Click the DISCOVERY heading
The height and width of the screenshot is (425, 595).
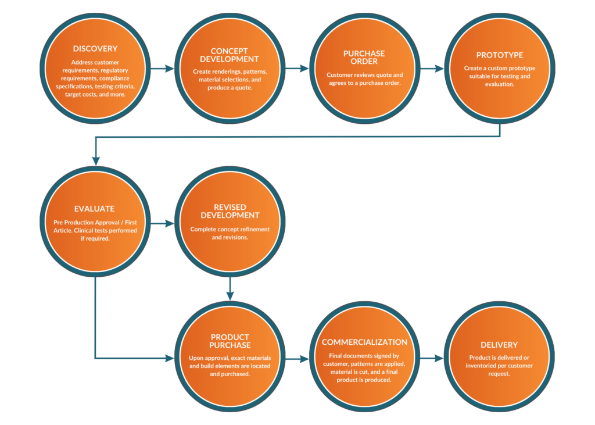[x=95, y=49]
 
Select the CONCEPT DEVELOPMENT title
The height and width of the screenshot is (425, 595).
[x=230, y=55]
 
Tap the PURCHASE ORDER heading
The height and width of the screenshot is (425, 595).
[x=364, y=58]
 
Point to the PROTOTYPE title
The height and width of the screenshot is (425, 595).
[x=499, y=55]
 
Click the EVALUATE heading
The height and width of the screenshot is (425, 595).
[x=95, y=209]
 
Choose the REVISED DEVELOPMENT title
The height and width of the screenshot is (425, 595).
[x=230, y=211]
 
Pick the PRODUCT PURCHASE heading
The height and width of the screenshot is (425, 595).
[x=230, y=341]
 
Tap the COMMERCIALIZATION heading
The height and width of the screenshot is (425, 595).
[x=364, y=342]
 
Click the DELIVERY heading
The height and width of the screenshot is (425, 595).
[x=499, y=345]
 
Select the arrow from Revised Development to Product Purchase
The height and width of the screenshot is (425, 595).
[x=230, y=288]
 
